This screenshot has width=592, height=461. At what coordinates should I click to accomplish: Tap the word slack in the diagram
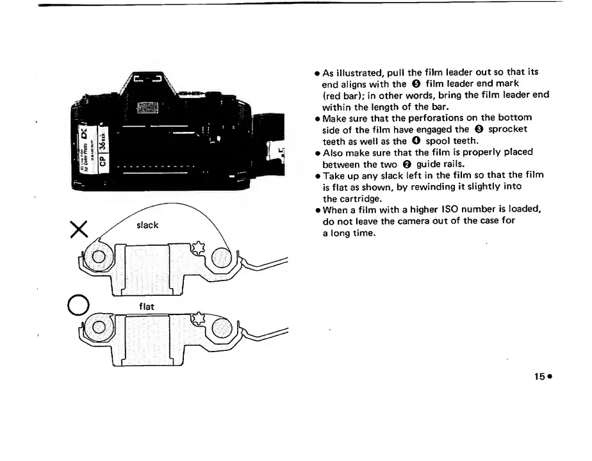147,225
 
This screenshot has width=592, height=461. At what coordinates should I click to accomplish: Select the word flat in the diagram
147,307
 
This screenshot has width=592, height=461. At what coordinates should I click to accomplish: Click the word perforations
443,118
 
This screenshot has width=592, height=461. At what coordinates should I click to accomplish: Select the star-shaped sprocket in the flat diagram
199,318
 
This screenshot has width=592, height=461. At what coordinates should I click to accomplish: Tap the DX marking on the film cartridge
83,135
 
